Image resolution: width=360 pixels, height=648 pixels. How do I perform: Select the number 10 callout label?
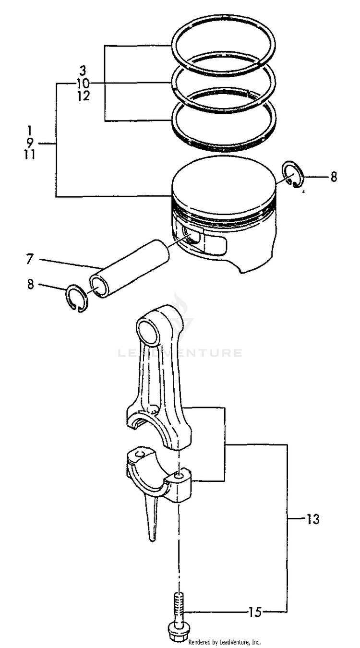pyautogui.click(x=83, y=84)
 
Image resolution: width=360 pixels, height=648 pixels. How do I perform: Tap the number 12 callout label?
pyautogui.click(x=83, y=96)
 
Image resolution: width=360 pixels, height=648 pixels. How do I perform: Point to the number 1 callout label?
pyautogui.click(x=30, y=130)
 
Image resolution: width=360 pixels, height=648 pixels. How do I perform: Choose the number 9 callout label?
pyautogui.click(x=30, y=143)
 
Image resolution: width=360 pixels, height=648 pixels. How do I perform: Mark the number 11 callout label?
pyautogui.click(x=30, y=156)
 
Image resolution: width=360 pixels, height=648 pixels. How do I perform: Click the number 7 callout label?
pyautogui.click(x=30, y=260)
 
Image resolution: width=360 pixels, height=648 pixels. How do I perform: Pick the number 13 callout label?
pyautogui.click(x=312, y=519)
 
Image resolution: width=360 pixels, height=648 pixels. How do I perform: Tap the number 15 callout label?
pyautogui.click(x=255, y=612)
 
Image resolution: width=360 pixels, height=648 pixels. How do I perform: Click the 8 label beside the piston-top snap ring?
pyautogui.click(x=334, y=177)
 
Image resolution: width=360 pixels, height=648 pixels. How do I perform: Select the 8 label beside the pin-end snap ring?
pyautogui.click(x=31, y=284)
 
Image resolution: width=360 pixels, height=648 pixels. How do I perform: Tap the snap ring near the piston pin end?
pyautogui.click(x=76, y=298)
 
